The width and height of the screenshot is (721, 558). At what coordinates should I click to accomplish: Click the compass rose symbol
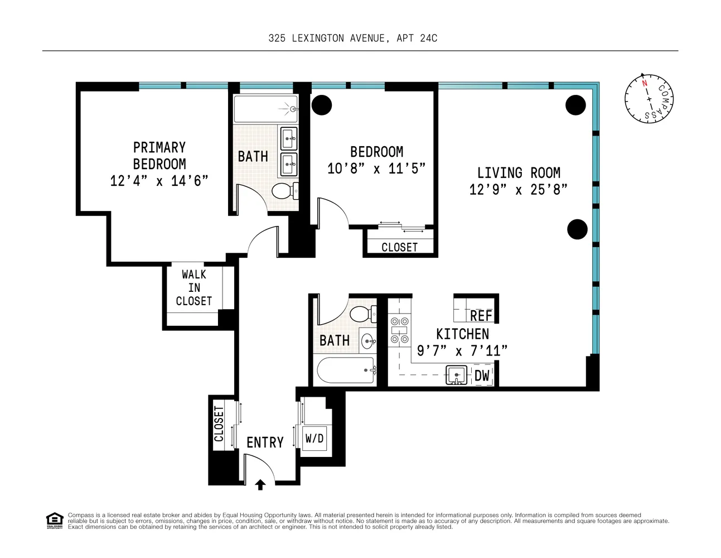coord(649,99)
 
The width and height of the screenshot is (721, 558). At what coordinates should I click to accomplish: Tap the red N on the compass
coord(645,83)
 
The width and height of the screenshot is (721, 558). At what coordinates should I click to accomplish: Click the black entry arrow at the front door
coord(260,485)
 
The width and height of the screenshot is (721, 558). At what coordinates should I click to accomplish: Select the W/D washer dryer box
coord(314,438)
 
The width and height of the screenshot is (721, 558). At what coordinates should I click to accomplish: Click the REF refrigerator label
coord(481,316)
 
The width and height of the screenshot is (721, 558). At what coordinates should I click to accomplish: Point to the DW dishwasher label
coord(482,376)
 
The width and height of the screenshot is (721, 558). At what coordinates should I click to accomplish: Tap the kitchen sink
coord(456,375)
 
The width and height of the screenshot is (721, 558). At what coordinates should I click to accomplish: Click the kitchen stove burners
coord(399,330)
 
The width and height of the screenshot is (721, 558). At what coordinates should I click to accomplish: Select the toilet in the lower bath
coord(363,314)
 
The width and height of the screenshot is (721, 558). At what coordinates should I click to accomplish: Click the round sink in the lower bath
coord(368,341)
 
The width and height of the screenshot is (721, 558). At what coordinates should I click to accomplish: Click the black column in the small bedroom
coord(322,105)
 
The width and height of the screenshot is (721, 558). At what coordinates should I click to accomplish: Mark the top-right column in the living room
coord(575,105)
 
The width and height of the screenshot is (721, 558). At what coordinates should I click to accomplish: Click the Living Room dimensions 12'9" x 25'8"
coord(518,190)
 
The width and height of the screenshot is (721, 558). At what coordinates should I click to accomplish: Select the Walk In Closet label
coord(193,288)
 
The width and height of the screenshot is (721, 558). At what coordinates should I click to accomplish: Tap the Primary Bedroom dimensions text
coord(159,181)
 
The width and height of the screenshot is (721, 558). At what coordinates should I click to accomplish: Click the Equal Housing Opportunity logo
coord(55,521)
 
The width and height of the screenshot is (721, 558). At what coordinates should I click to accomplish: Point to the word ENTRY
coord(265,442)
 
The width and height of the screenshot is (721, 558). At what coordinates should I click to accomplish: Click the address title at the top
coord(353,39)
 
